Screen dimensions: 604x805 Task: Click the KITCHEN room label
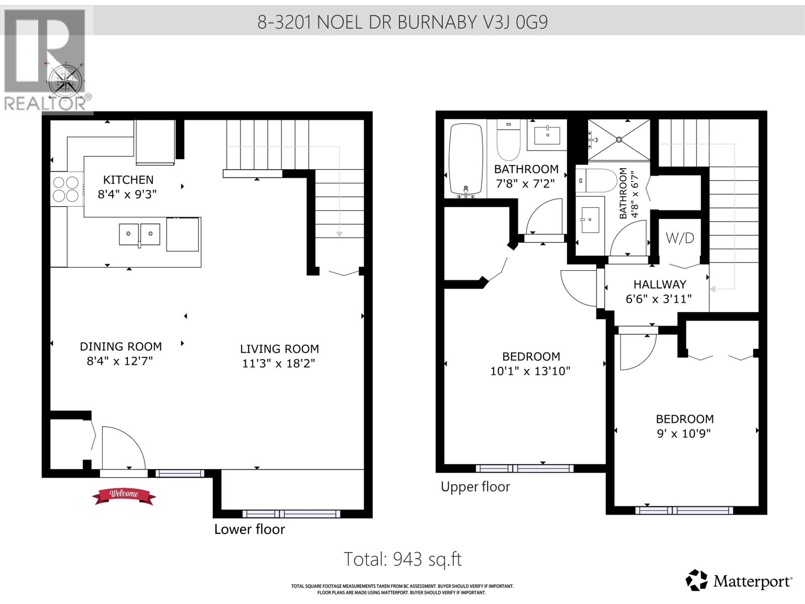click(128, 180)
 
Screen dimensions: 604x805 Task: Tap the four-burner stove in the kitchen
click(66, 188)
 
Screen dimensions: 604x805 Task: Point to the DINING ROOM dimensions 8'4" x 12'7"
click(120, 361)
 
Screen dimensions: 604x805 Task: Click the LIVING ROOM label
click(279, 349)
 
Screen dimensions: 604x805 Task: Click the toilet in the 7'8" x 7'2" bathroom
click(508, 140)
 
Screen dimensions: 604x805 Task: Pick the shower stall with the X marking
click(618, 139)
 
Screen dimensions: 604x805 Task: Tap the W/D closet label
click(680, 238)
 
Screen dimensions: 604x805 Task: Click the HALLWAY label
click(659, 284)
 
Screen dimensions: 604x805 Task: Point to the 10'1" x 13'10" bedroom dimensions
click(530, 371)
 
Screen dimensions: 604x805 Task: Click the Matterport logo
click(739, 581)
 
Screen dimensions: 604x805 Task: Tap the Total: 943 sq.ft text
click(403, 559)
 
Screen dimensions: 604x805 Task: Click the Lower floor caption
click(250, 529)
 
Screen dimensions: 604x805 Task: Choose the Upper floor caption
click(475, 487)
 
